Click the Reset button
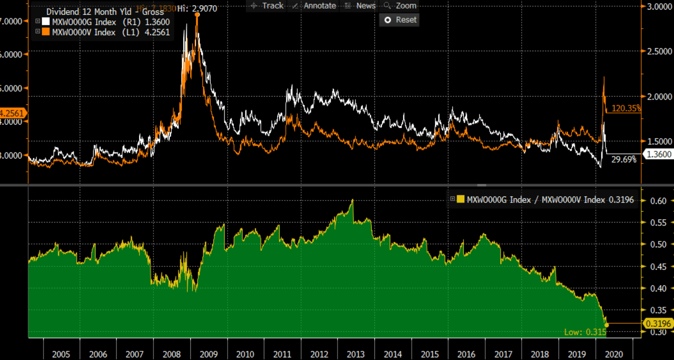[x=400, y=20]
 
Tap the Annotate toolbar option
[x=314, y=6]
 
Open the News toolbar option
[x=361, y=6]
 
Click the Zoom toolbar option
[x=400, y=6]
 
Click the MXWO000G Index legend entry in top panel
[x=102, y=22]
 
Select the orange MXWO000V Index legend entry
[x=102, y=32]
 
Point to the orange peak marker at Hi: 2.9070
[x=197, y=14]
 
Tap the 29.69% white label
[x=624, y=160]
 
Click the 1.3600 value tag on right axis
[x=657, y=154]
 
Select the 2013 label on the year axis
[x=355, y=354]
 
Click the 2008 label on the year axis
[x=171, y=354]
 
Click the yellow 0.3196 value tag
[x=657, y=323]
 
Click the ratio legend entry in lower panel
[x=542, y=200]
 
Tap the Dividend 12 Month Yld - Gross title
[x=105, y=12]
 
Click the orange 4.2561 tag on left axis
[x=13, y=113]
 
